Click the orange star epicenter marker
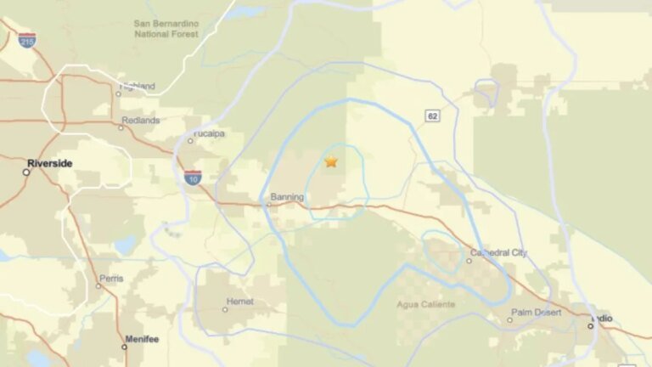click(330, 161)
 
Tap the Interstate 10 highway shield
click(193, 178)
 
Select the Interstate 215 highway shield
click(27, 40)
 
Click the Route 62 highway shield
click(433, 116)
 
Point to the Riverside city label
click(49, 163)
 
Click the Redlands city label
click(140, 121)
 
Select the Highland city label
click(138, 86)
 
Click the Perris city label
click(111, 278)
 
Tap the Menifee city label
click(142, 339)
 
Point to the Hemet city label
click(240, 301)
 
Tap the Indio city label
click(603, 319)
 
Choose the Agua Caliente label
click(425, 304)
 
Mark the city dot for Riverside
click(26, 172)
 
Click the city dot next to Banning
click(269, 204)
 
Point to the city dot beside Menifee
click(125, 347)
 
